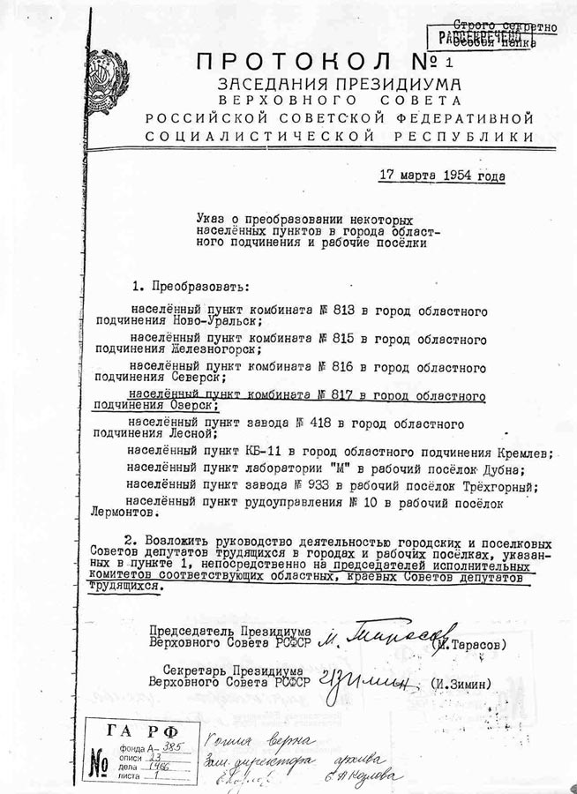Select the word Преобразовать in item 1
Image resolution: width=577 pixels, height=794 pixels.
pyautogui.click(x=196, y=288)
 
